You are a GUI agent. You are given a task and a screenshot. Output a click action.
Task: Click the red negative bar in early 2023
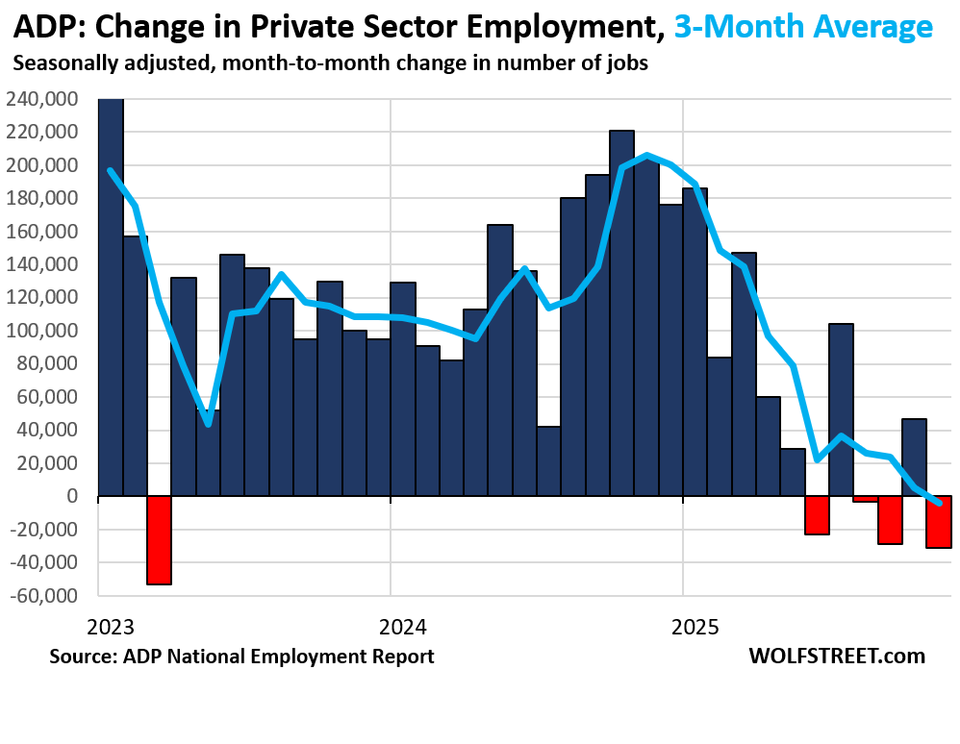click(160, 540)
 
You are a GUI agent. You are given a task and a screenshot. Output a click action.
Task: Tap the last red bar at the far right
click(939, 522)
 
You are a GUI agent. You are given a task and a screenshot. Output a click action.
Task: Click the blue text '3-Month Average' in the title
click(803, 26)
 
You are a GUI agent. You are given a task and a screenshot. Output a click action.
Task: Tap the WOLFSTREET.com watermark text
click(836, 657)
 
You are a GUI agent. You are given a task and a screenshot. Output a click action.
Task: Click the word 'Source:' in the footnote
click(82, 657)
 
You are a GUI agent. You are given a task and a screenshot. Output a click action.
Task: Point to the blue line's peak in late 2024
click(646, 154)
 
